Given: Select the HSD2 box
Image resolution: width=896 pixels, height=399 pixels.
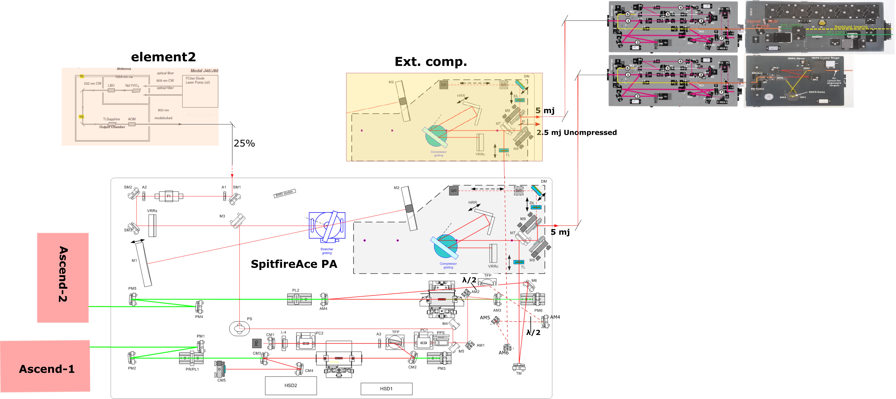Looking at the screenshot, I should point(291,385).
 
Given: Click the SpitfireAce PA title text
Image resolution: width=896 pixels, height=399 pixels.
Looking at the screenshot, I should point(294,264).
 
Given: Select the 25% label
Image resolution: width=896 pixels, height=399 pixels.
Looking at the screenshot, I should point(244,143).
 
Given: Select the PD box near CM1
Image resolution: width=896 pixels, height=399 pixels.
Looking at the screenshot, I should point(256,343).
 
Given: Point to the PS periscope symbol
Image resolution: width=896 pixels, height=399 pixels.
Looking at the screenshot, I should point(239,328).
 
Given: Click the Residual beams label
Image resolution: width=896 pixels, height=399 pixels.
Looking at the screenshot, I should point(851,27).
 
